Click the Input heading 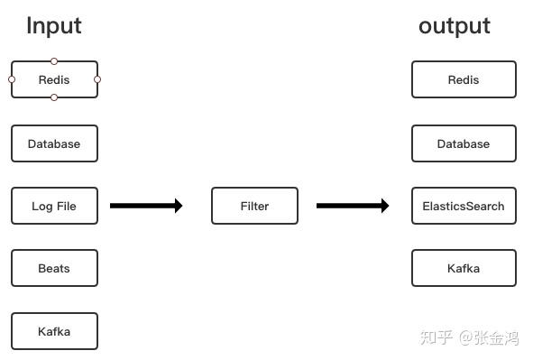pyautogui.click(x=54, y=25)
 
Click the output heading pyautogui.click(x=455, y=25)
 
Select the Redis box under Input pyautogui.click(x=54, y=79)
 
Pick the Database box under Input pyautogui.click(x=54, y=143)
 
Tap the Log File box pyautogui.click(x=54, y=206)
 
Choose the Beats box pyautogui.click(x=54, y=268)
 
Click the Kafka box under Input pyautogui.click(x=54, y=331)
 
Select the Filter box pyautogui.click(x=254, y=206)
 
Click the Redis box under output pyautogui.click(x=464, y=79)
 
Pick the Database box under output pyautogui.click(x=464, y=143)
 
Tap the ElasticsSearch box pyautogui.click(x=464, y=206)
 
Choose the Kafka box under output pyautogui.click(x=464, y=268)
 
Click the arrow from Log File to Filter pyautogui.click(x=146, y=206)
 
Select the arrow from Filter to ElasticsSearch pyautogui.click(x=353, y=206)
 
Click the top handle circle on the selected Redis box pyautogui.click(x=54, y=61)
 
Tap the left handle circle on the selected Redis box pyautogui.click(x=12, y=79)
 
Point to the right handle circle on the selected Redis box pyautogui.click(x=97, y=79)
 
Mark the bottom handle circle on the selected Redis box pyautogui.click(x=54, y=97)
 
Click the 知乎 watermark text pyautogui.click(x=437, y=337)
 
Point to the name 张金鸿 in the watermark pyautogui.click(x=497, y=337)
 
